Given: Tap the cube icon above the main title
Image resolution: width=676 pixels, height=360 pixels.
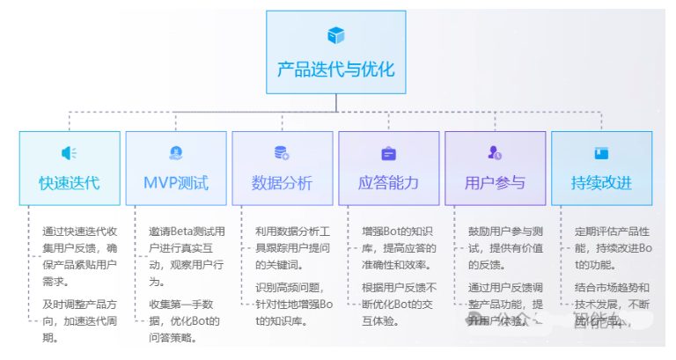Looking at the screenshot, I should click(x=335, y=35).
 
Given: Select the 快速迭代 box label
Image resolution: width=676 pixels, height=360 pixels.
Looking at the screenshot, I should click(x=69, y=183).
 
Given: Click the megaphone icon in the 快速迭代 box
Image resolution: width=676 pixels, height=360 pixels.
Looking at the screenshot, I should click(x=69, y=153).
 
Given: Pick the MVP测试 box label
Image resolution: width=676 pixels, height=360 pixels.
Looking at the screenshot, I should click(x=176, y=183).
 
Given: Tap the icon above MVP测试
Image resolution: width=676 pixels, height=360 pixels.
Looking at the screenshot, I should click(x=176, y=153).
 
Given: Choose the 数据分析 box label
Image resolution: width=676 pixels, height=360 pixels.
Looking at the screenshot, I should click(x=282, y=183).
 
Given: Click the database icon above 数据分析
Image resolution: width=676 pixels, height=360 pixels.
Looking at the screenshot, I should click(x=282, y=153).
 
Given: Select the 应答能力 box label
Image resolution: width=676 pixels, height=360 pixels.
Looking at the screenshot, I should click(x=388, y=183).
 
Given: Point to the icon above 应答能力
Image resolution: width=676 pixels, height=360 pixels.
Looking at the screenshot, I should click(x=388, y=153).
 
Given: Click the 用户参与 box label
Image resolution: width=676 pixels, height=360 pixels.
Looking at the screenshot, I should click(x=495, y=183).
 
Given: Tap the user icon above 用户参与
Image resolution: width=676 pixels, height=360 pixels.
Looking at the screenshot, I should click(x=495, y=153).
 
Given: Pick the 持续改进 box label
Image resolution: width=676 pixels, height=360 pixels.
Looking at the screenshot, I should click(x=601, y=183).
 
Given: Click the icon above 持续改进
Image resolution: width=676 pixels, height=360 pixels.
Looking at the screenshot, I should click(x=601, y=153).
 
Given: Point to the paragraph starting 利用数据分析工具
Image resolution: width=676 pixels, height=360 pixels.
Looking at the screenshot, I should click(x=293, y=246).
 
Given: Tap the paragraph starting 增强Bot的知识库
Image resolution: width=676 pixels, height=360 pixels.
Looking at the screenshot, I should click(x=400, y=246).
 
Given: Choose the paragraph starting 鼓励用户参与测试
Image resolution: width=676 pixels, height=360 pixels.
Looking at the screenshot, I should click(x=505, y=246).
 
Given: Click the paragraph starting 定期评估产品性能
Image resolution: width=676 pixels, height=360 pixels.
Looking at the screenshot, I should click(x=611, y=246).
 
